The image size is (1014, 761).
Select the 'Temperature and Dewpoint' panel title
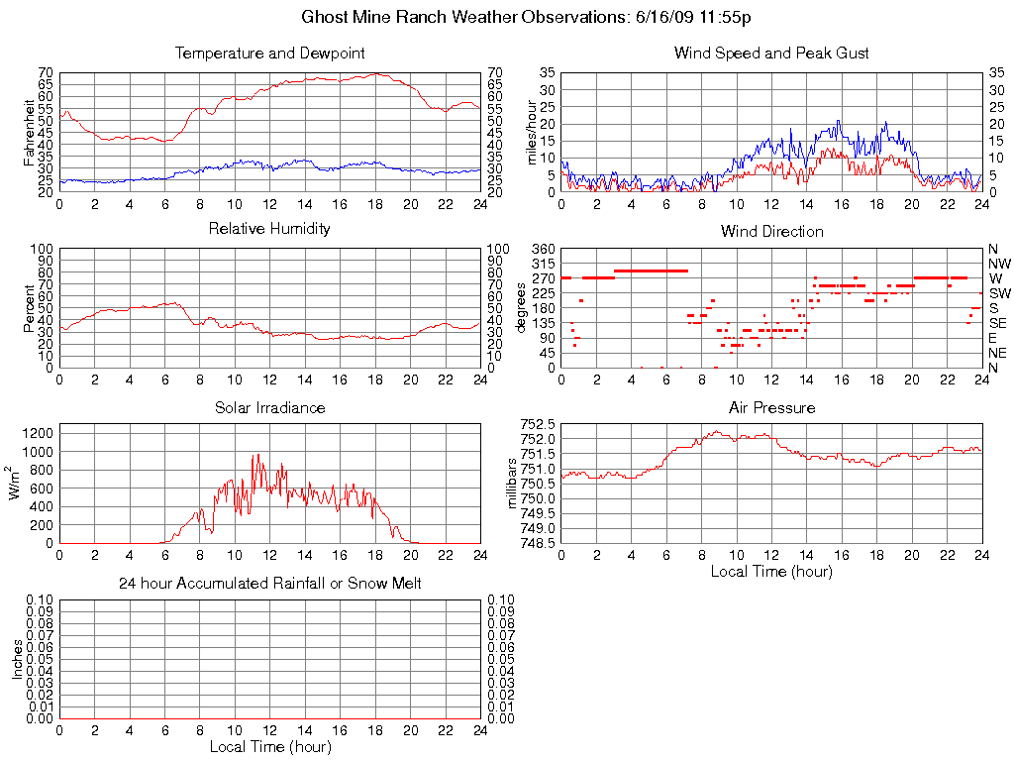point(269,53)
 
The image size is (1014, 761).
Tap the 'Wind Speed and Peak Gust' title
point(771,53)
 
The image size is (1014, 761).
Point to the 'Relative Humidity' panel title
point(269,229)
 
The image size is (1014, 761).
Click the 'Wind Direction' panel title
point(771,231)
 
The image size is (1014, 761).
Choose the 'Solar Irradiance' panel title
point(269,407)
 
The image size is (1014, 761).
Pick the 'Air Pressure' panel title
point(771,407)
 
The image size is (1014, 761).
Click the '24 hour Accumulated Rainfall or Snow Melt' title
point(269,584)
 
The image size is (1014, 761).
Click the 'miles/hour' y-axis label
point(532,132)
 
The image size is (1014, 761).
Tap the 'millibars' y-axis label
point(512,484)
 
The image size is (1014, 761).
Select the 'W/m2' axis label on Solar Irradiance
point(16,484)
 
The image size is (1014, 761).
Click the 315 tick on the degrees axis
point(544,264)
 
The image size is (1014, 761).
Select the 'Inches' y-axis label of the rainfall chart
point(16,659)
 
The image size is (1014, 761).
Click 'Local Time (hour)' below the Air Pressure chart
point(771,571)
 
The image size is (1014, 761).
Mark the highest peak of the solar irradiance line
point(257,454)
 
